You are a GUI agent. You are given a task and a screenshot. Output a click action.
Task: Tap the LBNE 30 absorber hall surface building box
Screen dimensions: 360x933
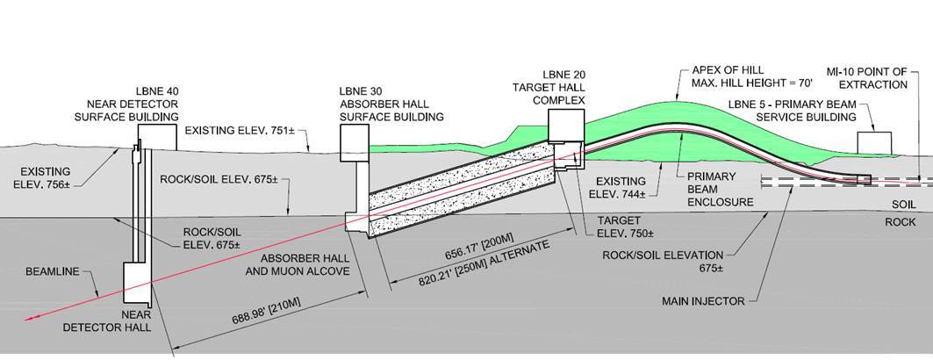(353, 140)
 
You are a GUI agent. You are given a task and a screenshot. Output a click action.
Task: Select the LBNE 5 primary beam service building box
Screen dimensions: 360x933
(874, 144)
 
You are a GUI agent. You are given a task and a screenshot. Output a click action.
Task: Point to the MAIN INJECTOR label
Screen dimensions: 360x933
(703, 301)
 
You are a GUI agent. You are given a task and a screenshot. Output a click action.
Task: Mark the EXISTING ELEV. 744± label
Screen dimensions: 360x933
(626, 186)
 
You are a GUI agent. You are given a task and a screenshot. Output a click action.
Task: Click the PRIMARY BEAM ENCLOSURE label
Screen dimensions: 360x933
(724, 188)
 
